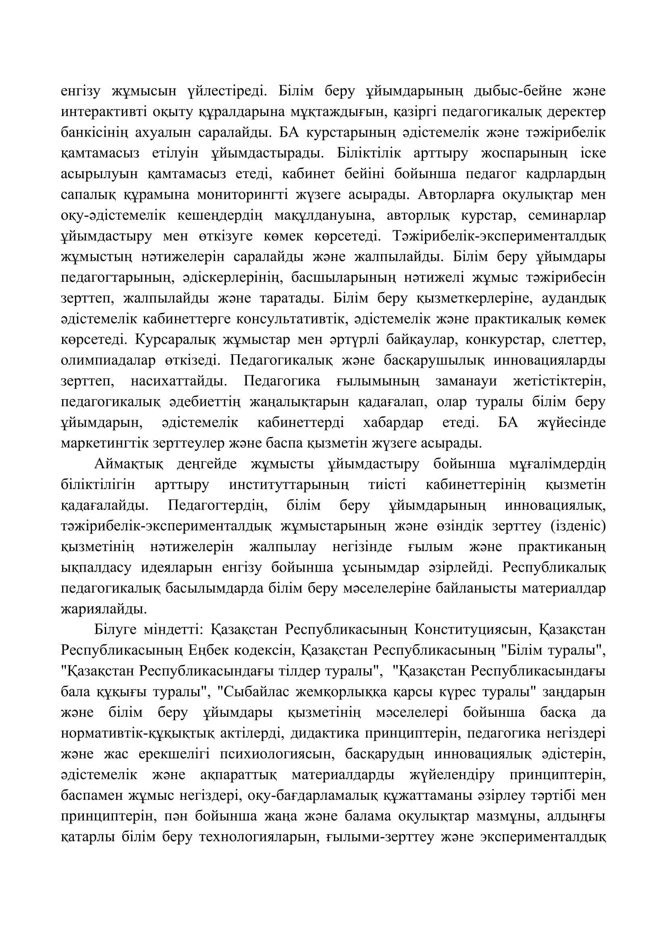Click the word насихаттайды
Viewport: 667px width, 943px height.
pyautogui.click(x=178, y=381)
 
